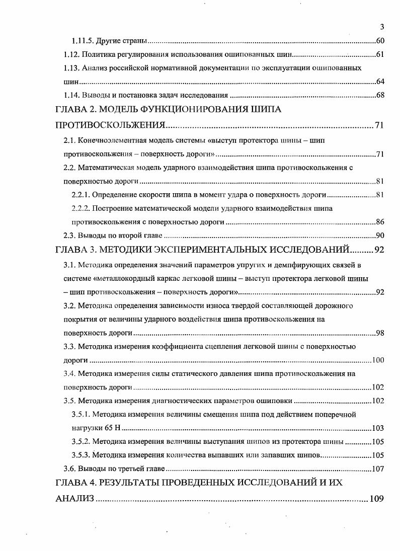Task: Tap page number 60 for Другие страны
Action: [380, 41]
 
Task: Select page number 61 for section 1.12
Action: [380, 54]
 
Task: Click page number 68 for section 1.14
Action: [380, 95]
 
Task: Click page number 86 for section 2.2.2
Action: [380, 222]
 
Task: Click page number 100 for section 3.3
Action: [378, 360]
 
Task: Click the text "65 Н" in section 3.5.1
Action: [113, 428]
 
